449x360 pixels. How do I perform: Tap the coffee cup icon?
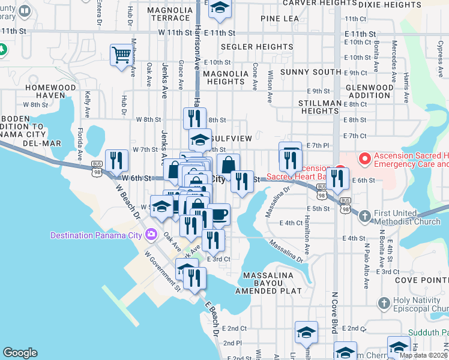(219, 214)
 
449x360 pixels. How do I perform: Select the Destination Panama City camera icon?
(151, 234)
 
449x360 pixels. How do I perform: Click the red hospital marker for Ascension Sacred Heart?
(364, 159)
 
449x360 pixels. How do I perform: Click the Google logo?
(20, 353)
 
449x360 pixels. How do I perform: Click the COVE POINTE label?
(421, 280)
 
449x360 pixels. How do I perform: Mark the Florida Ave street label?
(79, 144)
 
